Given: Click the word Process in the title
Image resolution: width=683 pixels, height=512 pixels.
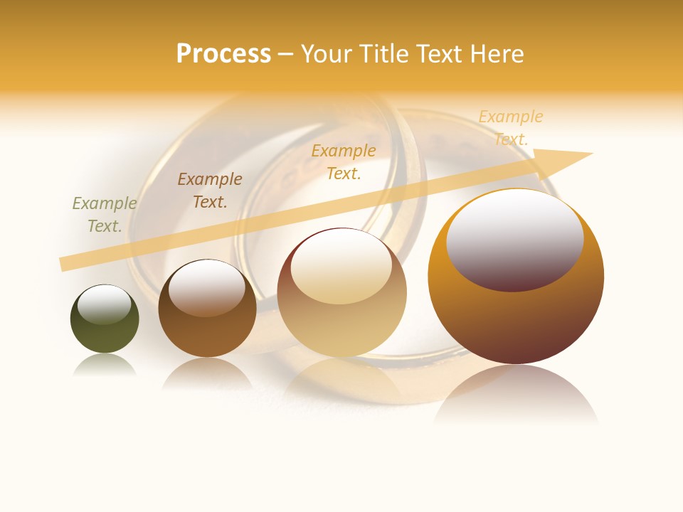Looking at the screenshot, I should [223, 54].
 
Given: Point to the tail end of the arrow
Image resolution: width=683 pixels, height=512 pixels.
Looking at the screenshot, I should [64, 264].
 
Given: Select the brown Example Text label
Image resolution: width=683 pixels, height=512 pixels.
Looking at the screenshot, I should [210, 191].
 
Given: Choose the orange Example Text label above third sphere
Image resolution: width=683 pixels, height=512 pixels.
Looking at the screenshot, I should [344, 161].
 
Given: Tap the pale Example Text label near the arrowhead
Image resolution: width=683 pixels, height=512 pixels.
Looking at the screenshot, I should [511, 128].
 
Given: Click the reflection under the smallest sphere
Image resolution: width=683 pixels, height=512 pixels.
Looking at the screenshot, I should [105, 366].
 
